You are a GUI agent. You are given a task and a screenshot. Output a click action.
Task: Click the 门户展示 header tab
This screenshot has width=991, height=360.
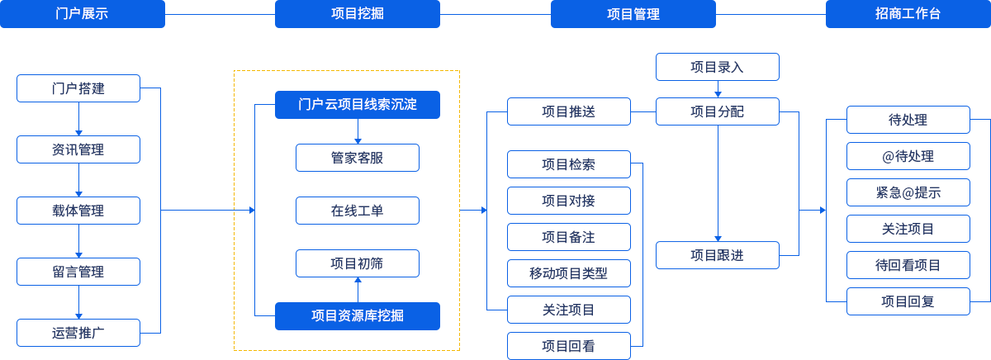point(83,14)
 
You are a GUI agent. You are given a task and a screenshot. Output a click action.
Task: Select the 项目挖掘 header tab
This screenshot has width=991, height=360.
point(358,14)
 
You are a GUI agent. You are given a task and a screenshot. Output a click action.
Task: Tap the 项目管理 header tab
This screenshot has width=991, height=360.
point(633,14)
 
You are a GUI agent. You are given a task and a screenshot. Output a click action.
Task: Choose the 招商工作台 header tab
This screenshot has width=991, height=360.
point(908,14)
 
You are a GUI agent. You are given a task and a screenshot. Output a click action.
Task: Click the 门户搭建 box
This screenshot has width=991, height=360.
point(78,88)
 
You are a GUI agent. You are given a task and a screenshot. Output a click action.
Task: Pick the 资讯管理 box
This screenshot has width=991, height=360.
point(78,149)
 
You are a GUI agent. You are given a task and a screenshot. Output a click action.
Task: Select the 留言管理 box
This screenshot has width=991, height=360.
point(78,272)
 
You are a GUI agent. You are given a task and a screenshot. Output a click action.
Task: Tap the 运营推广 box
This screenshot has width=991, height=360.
point(78,333)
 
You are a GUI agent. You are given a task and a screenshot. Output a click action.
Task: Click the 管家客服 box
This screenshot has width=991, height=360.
point(358,158)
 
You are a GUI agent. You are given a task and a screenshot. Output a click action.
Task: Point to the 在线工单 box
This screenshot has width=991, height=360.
point(358,211)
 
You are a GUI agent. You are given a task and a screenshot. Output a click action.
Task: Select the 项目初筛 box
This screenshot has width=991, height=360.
point(358,263)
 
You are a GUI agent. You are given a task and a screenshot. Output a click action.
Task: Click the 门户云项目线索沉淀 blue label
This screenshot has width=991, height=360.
point(358,105)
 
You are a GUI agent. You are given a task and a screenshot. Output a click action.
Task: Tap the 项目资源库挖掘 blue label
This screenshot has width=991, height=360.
point(358,315)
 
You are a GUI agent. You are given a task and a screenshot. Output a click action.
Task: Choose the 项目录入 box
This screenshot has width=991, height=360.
point(718,67)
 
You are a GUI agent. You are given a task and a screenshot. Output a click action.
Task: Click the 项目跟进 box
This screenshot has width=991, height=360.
point(718,255)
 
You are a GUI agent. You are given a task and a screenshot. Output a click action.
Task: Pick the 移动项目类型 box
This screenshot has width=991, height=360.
point(569,273)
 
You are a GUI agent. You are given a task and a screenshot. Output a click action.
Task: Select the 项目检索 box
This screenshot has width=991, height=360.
point(569,164)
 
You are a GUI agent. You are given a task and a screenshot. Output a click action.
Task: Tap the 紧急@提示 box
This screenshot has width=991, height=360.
point(908,192)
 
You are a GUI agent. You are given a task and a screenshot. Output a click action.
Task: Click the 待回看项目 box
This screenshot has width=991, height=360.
point(908,265)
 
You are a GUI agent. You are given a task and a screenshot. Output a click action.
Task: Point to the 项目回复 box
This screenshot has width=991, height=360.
point(908,301)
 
